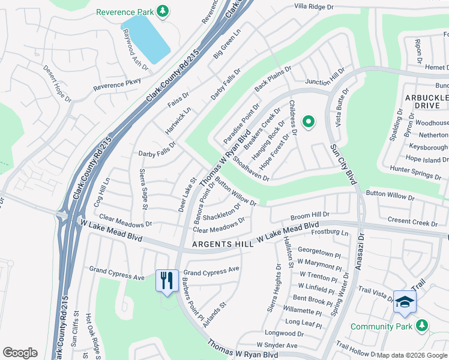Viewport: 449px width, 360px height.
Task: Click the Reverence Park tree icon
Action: (162, 11)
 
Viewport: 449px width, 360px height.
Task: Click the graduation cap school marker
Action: (404, 301)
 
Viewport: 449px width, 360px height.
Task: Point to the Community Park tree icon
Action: (422, 326)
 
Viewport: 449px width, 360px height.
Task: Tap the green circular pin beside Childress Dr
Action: (309, 122)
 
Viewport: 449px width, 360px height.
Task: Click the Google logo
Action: (20, 353)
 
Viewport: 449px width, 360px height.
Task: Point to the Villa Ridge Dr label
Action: (313, 7)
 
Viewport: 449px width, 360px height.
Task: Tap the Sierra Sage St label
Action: (143, 190)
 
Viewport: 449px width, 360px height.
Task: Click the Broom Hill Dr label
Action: (310, 214)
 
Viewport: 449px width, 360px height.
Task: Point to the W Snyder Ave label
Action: (277, 346)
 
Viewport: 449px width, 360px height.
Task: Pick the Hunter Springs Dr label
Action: (415, 175)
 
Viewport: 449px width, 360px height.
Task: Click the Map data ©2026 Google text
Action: (411, 355)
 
